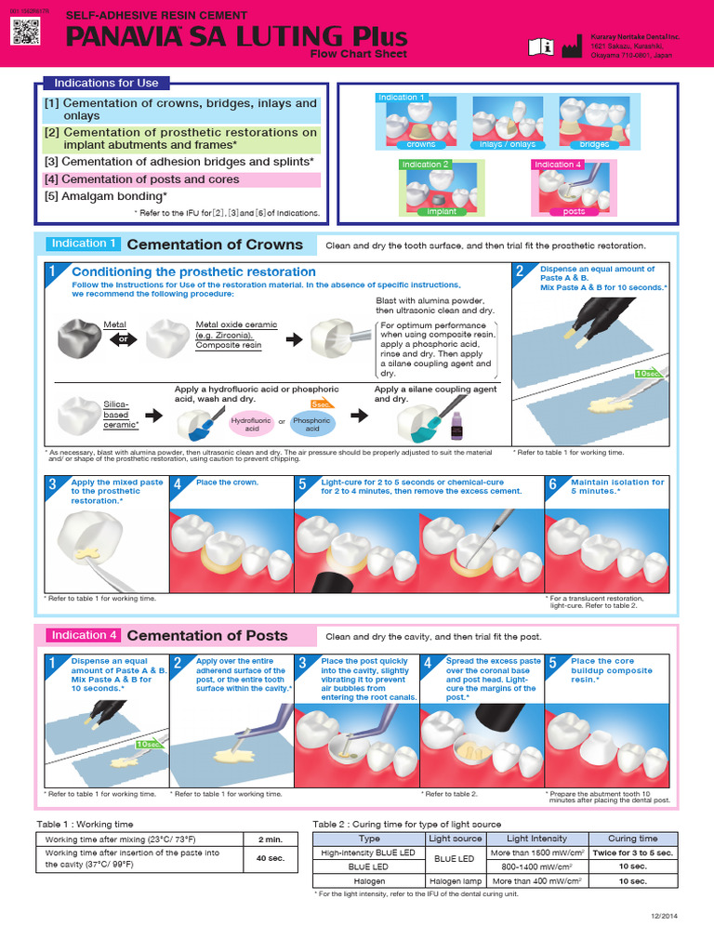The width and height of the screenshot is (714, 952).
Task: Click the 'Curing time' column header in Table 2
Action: (x=632, y=839)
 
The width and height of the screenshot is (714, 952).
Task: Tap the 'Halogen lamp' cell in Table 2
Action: (x=455, y=880)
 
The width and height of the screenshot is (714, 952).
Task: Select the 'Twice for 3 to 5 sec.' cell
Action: (x=632, y=853)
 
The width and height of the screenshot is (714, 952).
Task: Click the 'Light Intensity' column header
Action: (x=536, y=839)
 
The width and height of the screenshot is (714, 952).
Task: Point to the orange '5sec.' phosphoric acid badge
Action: (x=321, y=404)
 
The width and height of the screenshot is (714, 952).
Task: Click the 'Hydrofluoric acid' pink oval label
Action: (x=251, y=425)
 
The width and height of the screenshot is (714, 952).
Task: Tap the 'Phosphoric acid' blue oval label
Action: (x=311, y=425)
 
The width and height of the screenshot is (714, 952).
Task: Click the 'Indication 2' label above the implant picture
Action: (x=425, y=165)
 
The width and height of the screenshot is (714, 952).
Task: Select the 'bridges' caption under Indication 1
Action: (x=594, y=144)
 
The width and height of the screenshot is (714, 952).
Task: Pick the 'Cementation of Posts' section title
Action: (x=206, y=636)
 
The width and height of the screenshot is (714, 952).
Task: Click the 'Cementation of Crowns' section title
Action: (x=214, y=245)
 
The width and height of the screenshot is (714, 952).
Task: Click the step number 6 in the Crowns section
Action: (x=552, y=484)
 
